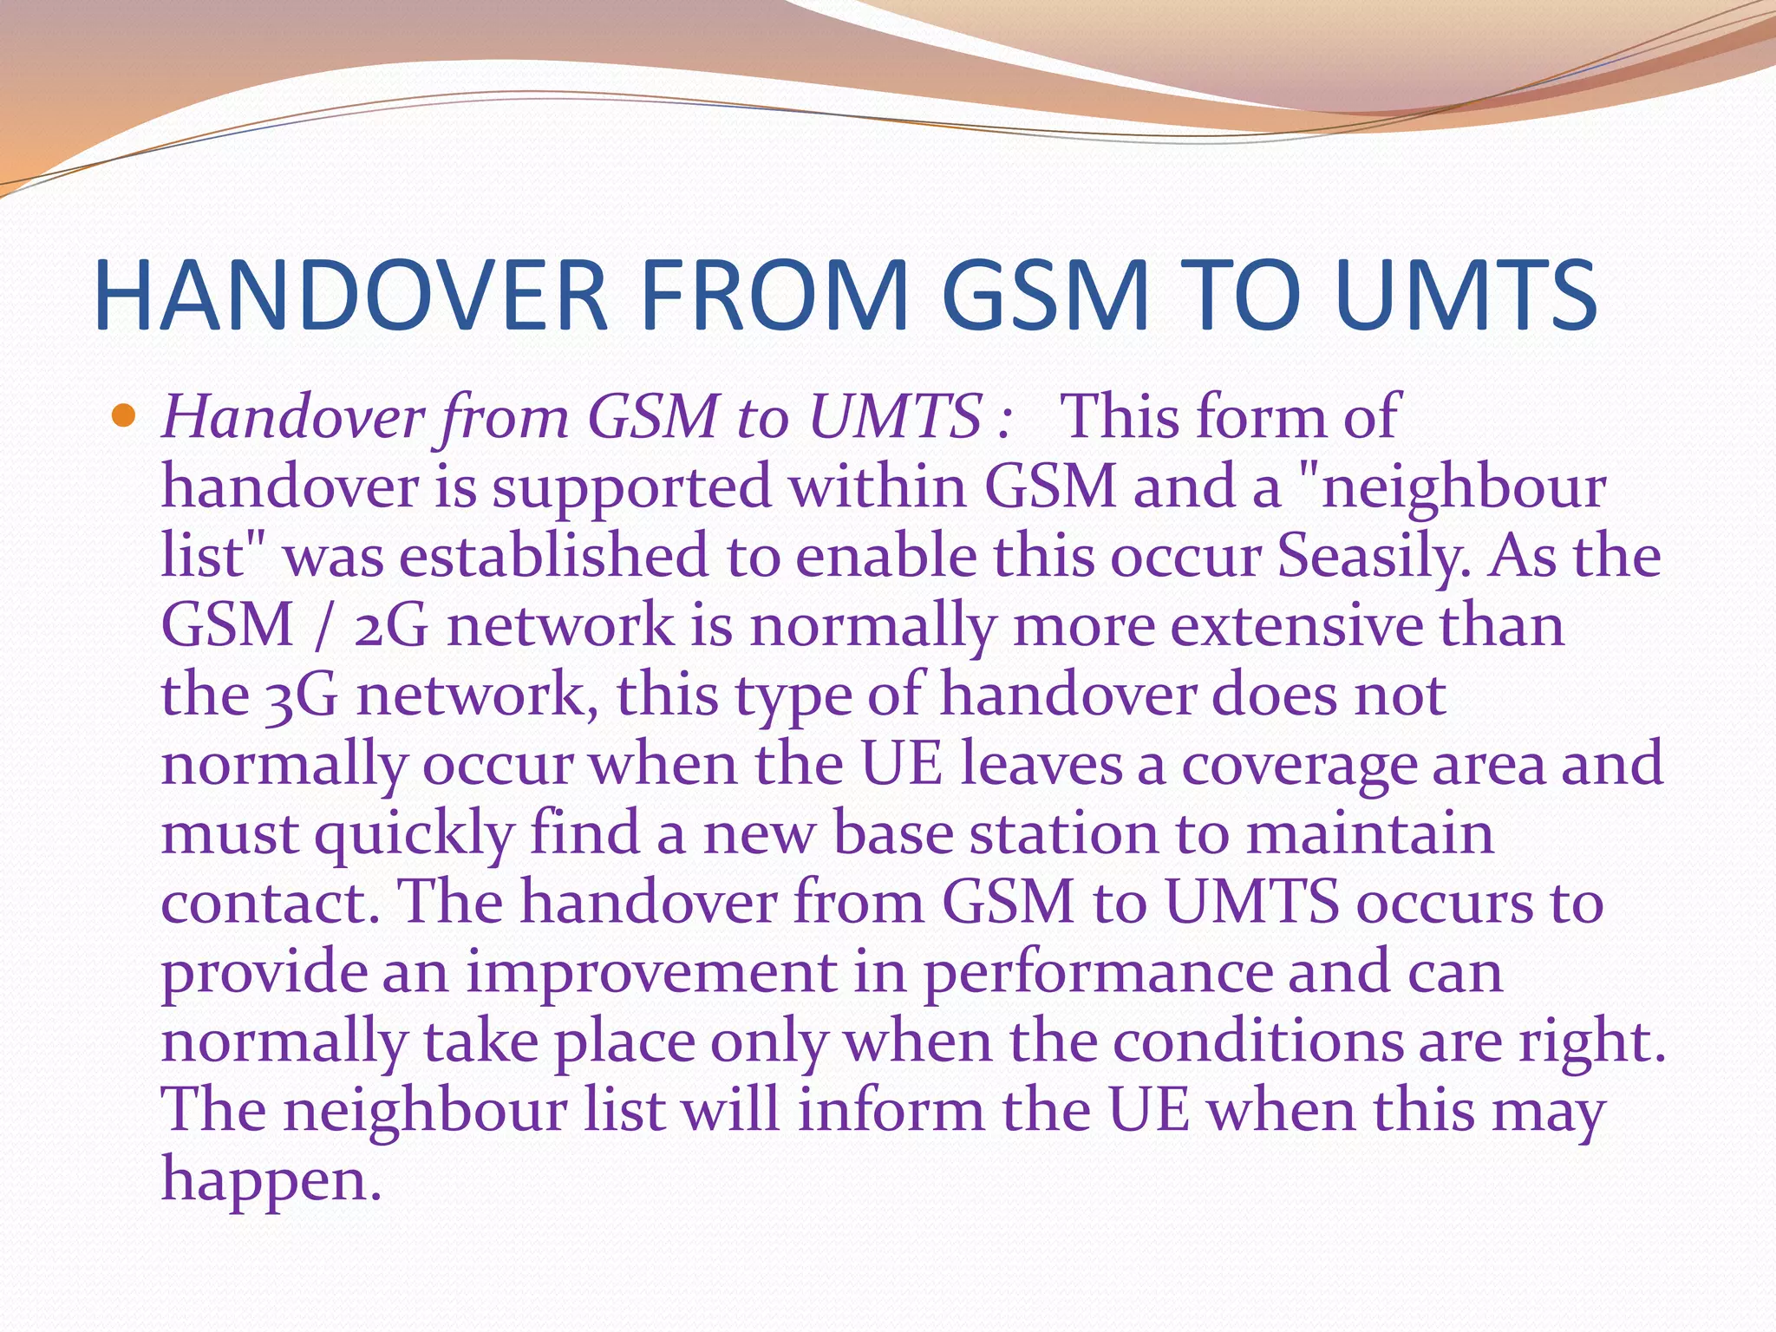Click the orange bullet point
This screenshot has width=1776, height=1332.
(x=125, y=417)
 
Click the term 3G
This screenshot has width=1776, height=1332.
(x=301, y=695)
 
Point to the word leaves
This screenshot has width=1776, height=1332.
(x=1041, y=765)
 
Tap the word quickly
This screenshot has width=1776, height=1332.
(x=415, y=835)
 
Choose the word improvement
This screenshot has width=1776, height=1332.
(x=651, y=973)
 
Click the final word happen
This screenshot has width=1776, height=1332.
(x=271, y=1182)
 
